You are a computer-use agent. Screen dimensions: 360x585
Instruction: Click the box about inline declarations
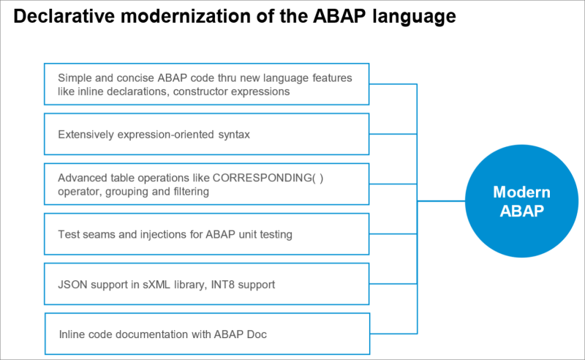pos(207,84)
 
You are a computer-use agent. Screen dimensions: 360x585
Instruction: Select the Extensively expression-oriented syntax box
pos(207,135)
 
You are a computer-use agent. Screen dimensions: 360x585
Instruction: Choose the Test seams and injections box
pos(207,235)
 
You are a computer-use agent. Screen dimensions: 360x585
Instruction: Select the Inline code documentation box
pos(207,334)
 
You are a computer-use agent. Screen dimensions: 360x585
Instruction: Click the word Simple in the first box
pos(75,77)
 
